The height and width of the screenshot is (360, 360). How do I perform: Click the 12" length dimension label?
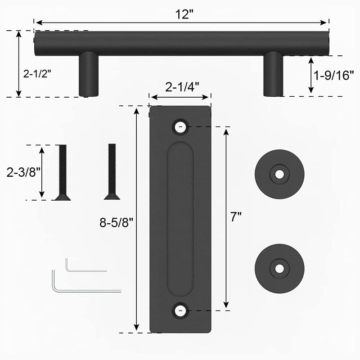(x=184, y=14)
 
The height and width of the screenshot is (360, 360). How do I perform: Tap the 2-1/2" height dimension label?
(x=37, y=74)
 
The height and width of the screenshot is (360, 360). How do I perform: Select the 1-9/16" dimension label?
(x=333, y=75)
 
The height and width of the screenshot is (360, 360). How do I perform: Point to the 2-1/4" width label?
(x=182, y=87)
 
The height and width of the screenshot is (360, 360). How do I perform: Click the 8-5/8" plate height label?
(x=117, y=222)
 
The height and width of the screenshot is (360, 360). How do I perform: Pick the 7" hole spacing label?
(x=236, y=216)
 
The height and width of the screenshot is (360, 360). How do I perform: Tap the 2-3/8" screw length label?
(x=23, y=172)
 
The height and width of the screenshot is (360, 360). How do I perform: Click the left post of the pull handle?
(x=89, y=74)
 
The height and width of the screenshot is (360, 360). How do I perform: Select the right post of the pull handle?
(x=273, y=74)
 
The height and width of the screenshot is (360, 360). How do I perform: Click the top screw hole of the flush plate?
(x=180, y=127)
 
